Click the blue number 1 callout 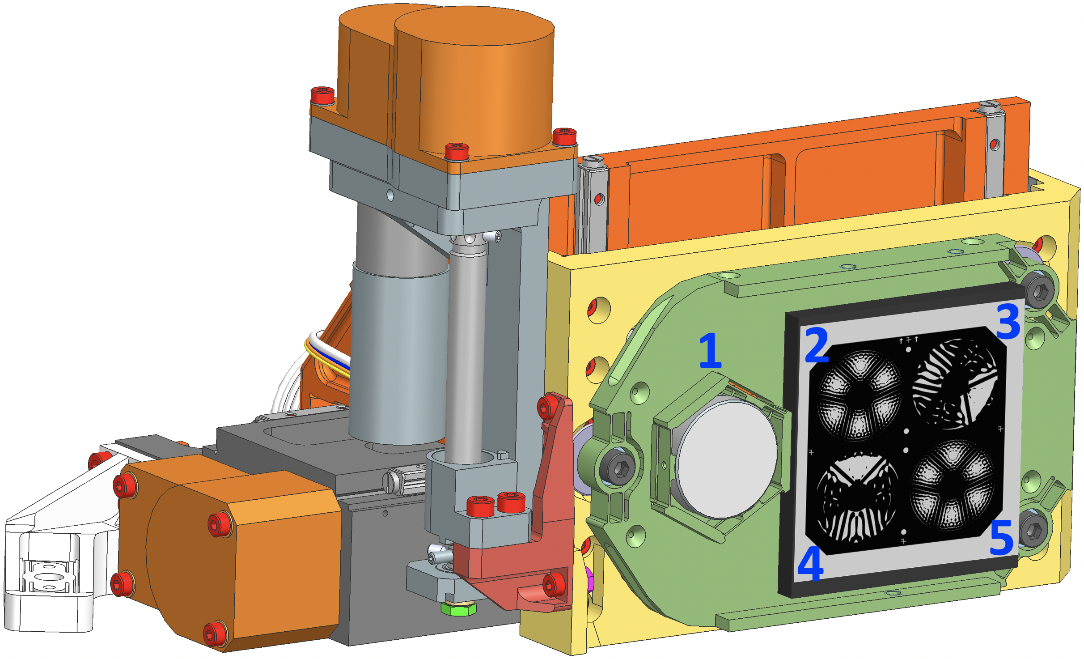711,351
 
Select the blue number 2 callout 817,344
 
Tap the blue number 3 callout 1008,321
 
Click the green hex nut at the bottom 458,608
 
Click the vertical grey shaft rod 466,353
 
